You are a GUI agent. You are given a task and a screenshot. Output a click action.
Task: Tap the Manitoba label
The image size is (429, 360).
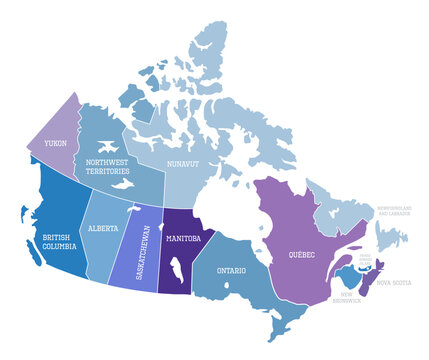tap(184, 239)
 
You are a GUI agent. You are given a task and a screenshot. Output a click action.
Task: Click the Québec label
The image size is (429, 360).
tap(303, 254)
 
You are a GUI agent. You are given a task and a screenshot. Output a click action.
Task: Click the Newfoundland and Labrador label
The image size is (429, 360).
tap(393, 211)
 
